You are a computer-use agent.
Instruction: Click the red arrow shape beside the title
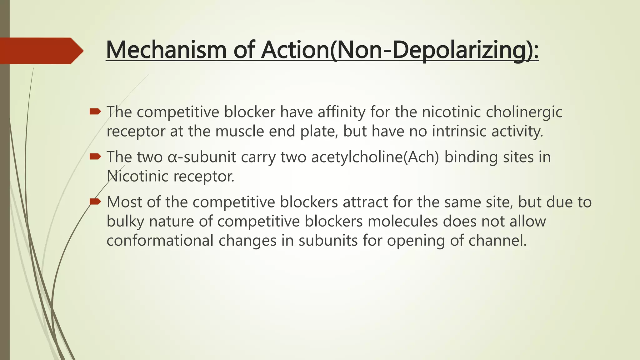41,51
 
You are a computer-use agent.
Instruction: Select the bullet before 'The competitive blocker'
95,111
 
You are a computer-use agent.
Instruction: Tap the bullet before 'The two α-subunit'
95,156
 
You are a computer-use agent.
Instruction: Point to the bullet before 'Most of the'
95,202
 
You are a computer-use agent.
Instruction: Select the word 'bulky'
125,222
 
